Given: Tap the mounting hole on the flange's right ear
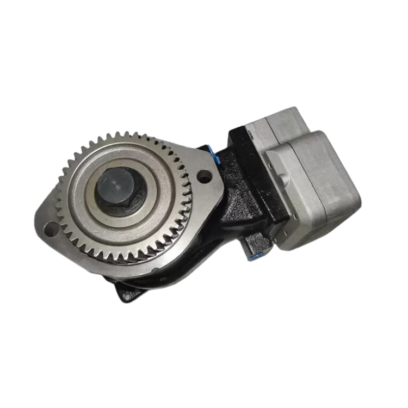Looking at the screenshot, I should [204, 176].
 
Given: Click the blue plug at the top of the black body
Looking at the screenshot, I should [217, 155].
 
